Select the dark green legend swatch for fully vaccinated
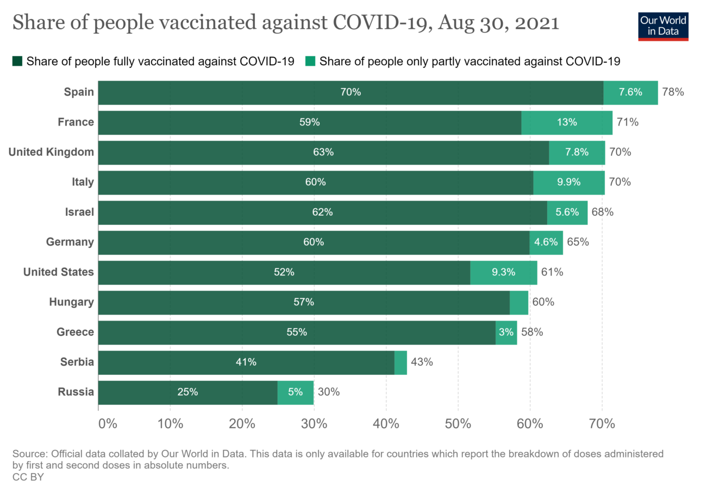tap(17, 61)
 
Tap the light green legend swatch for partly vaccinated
tap(310, 61)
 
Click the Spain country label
tap(79, 92)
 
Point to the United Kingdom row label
tap(52, 152)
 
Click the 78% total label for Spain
tap(673, 92)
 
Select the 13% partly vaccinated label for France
tap(567, 122)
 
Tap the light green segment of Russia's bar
tap(295, 392)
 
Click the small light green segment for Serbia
tap(400, 362)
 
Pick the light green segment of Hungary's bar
tap(519, 302)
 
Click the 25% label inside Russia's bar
tap(187, 392)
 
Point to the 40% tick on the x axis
tap(386, 424)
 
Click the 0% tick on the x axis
tap(108, 424)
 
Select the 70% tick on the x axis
tap(602, 424)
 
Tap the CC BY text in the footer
tap(28, 477)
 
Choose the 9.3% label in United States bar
tap(503, 272)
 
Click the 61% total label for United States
tap(552, 272)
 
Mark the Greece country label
tap(76, 332)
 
